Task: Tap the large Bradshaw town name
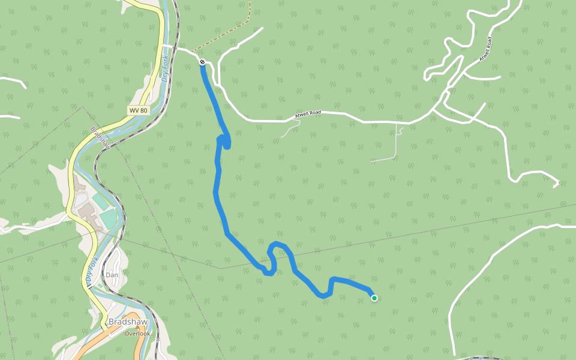coord(124,322)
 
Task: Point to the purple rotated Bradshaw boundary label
coord(100,139)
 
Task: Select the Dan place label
coord(112,275)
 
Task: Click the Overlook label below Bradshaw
coord(137,333)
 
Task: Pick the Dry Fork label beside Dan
coord(92,272)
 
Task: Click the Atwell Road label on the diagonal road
coord(485,50)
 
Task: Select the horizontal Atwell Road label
coord(307,113)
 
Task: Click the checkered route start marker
coord(203,62)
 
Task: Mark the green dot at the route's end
coord(374,298)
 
